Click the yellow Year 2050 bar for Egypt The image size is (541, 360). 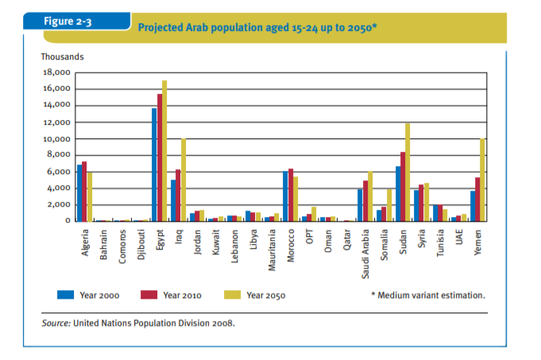tap(164, 151)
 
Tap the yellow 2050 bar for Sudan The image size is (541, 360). tap(408, 172)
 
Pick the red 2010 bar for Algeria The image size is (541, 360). tap(84, 191)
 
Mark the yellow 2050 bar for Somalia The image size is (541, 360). tap(388, 204)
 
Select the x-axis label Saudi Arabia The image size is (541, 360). tap(365, 252)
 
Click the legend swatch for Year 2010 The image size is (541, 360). tap(149, 295)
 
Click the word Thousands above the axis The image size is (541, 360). tap(62, 56)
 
